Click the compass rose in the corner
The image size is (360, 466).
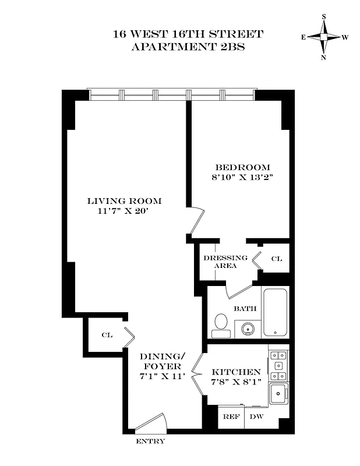coord(324,37)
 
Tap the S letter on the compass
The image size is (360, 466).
coord(324,17)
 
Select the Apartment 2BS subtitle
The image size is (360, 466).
coord(188,47)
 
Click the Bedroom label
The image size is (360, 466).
coord(242,167)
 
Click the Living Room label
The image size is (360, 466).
coord(124,201)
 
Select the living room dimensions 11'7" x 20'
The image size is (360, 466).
coord(124,211)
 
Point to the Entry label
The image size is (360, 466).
coord(150,442)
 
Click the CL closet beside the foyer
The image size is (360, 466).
coord(107,335)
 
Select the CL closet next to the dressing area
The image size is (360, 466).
coord(276,258)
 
